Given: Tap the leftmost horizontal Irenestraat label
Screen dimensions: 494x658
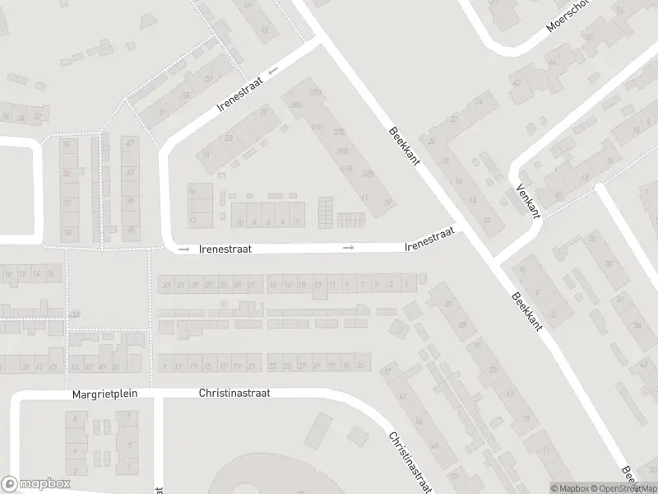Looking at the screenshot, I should point(225,247).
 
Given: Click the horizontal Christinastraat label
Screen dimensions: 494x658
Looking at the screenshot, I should point(234,394).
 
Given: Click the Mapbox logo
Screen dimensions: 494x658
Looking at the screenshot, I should point(35,484).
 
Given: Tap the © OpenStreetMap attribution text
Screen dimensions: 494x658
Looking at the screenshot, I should point(623,488).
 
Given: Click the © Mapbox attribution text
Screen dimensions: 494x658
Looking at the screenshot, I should point(568,488).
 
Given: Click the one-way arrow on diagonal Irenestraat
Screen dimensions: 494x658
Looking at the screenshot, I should point(272,71).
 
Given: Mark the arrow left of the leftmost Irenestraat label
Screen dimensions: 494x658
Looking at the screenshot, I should point(183,248).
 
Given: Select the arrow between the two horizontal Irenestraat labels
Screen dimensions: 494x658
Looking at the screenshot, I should point(349,247).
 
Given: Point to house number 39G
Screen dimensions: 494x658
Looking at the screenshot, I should point(296,105).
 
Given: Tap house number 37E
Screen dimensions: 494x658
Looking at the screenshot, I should point(338,132).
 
